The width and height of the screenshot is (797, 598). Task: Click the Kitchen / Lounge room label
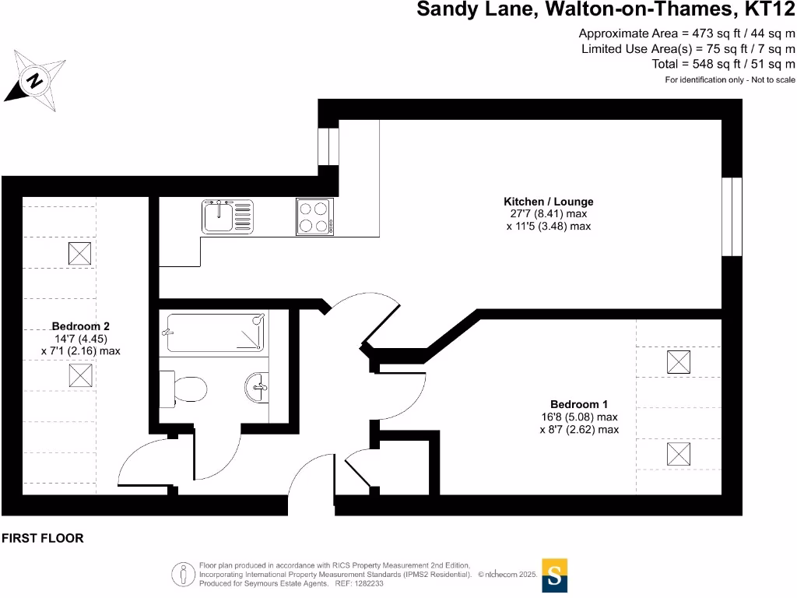pos(548,202)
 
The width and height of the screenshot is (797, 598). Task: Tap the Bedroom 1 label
pos(578,404)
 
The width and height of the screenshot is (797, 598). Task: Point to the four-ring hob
pos(314,216)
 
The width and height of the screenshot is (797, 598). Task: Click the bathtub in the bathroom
pos(216,333)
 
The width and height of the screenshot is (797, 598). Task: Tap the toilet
pos(184,388)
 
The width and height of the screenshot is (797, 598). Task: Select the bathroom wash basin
pos(258,386)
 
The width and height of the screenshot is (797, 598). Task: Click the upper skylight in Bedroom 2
pos(80,253)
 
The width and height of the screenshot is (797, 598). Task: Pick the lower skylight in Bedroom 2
pos(80,375)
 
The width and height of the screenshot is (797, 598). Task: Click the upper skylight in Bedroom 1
pos(679,362)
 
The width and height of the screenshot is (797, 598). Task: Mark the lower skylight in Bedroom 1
pos(679,454)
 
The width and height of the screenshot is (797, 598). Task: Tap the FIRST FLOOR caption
pos(42,538)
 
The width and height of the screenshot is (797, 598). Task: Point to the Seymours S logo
pos(554,575)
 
